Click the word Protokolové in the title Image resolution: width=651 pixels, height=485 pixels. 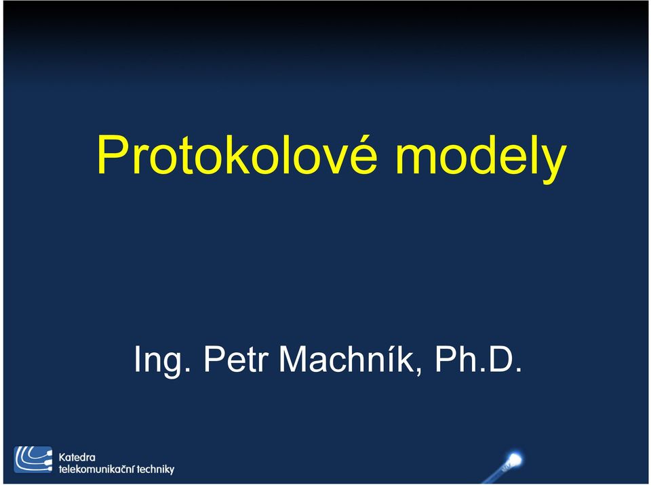coord(237,154)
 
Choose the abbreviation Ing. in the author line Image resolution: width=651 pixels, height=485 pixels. coord(162,361)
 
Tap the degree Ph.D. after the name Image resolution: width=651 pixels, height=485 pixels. coord(478,359)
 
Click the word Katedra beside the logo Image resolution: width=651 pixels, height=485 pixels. coord(77,458)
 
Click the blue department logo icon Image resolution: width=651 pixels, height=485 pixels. coord(33,460)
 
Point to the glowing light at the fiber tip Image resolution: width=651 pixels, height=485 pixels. coord(515,459)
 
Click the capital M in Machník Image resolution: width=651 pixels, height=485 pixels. coord(294,359)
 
